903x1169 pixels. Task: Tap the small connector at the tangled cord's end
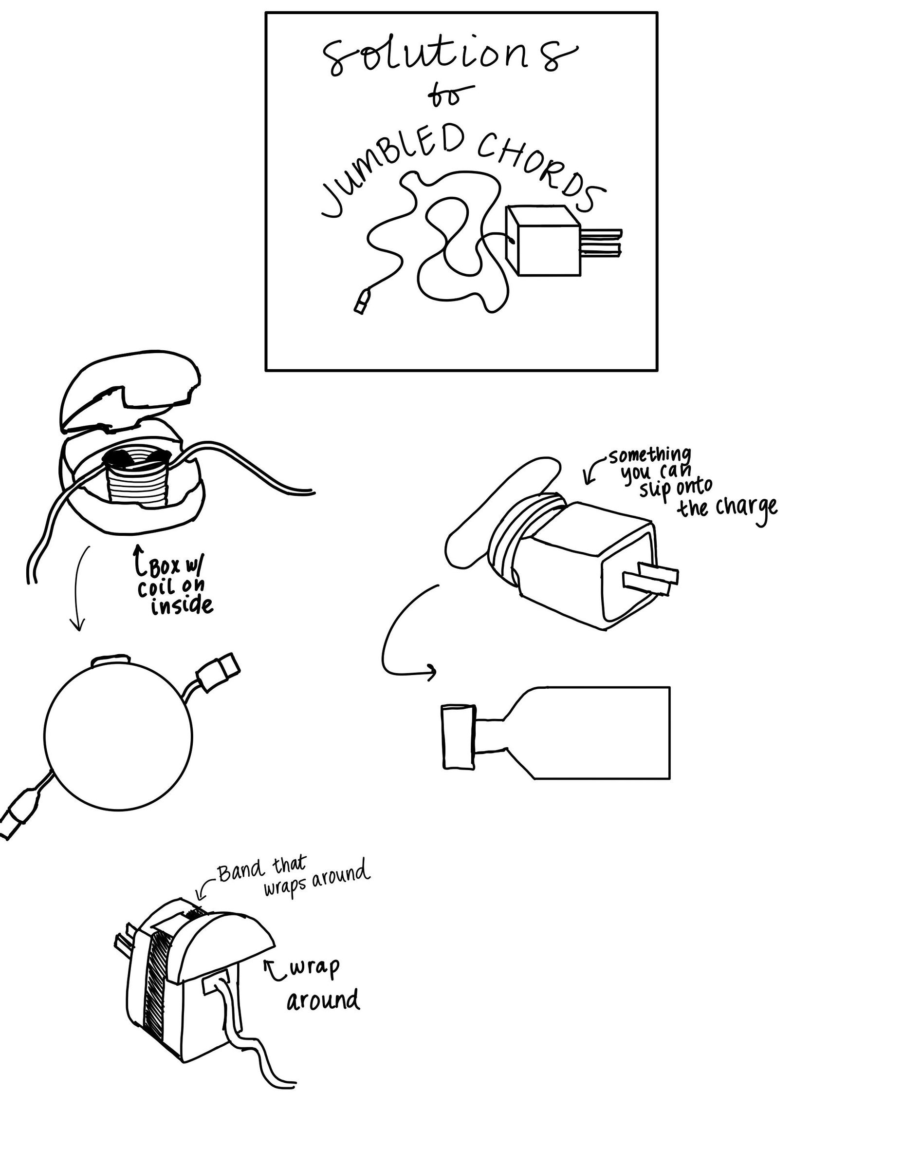click(362, 302)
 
